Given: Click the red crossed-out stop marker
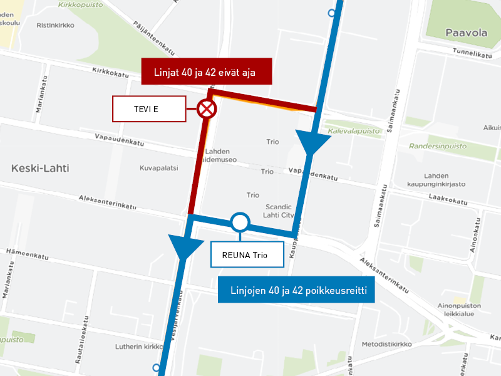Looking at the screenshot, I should (207, 110).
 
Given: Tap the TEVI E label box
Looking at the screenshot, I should (149, 109).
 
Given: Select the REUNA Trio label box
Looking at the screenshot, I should (249, 254).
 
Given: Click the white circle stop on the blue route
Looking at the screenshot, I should (240, 222).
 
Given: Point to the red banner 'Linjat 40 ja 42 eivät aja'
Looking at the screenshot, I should (206, 72).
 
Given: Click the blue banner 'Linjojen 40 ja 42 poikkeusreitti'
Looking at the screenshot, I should (296, 290).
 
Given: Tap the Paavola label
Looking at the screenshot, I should (466, 33).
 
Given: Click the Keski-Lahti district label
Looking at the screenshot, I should (40, 169).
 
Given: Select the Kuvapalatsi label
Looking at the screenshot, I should (159, 169).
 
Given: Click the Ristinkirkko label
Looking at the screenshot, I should (55, 26).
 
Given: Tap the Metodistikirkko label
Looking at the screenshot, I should (386, 344).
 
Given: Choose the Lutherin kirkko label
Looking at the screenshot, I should (139, 347).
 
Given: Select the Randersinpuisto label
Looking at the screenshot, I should (438, 146).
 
